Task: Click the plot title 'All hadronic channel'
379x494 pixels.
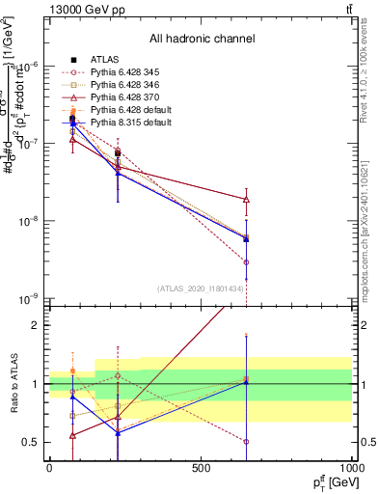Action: point(202,39)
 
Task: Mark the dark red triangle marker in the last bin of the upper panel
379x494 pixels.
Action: point(246,200)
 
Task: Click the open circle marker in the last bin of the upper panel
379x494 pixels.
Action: point(246,261)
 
